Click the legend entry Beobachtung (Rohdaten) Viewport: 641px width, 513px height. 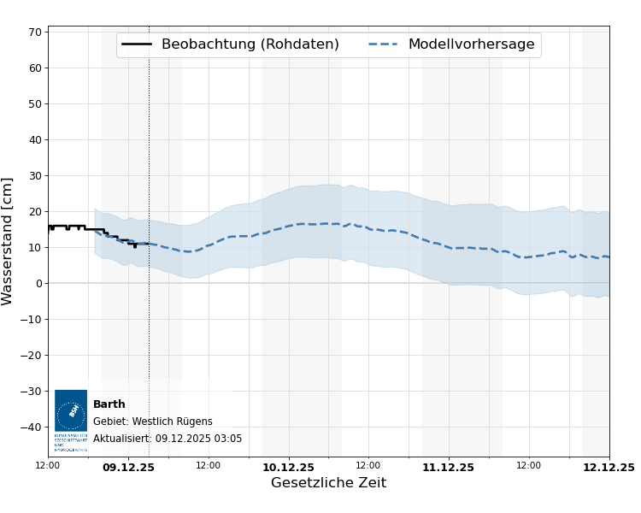250,44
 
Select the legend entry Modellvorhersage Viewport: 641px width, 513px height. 471,44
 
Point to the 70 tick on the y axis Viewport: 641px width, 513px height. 35,32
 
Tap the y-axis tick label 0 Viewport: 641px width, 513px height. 38,284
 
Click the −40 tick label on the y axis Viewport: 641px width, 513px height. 32,427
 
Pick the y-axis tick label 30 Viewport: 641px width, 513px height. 35,176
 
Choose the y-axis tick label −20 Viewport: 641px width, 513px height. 32,356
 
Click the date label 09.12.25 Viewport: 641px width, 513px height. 128,468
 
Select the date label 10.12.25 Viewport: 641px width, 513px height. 289,468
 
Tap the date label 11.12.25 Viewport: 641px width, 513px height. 448,468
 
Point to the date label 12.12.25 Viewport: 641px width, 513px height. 609,468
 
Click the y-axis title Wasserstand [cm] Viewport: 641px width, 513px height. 9,241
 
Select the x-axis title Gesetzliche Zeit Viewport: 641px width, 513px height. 328,483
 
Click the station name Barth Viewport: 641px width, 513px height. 109,404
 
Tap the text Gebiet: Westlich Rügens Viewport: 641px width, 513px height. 153,422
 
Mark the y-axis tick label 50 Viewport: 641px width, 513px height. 35,104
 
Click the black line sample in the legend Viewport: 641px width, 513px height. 137,44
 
